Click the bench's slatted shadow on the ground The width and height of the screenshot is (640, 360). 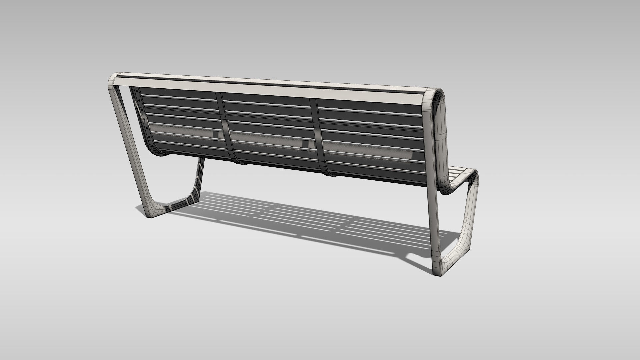[300, 217]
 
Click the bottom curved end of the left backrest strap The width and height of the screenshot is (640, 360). [238, 162]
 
